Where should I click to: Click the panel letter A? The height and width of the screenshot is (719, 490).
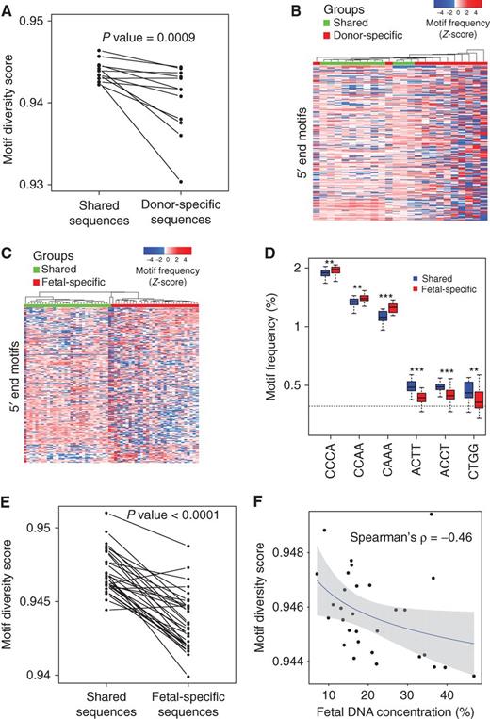(8, 8)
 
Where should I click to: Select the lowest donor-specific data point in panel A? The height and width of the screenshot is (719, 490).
(181, 181)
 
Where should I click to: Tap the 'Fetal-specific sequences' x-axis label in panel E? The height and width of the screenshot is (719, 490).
(181, 694)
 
